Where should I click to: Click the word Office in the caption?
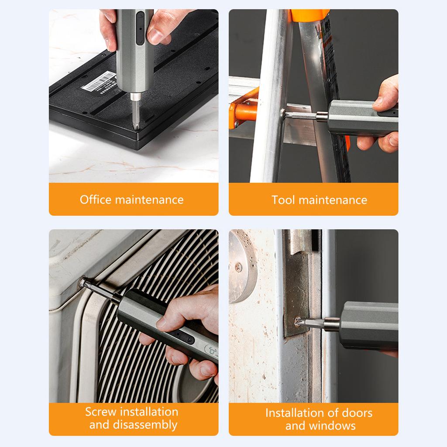pos(96,199)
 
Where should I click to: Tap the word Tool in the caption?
pos(283,200)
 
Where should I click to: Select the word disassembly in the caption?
pos(145,425)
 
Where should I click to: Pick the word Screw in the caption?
pos(101,412)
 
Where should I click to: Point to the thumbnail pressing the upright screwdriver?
pos(156,36)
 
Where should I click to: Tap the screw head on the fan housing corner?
pos(83,282)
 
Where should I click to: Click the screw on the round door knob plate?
pos(238,267)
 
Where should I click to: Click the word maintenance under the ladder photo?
pos(333,200)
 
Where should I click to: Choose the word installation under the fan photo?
pos(149,412)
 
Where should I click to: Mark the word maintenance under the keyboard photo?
pos(149,199)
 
